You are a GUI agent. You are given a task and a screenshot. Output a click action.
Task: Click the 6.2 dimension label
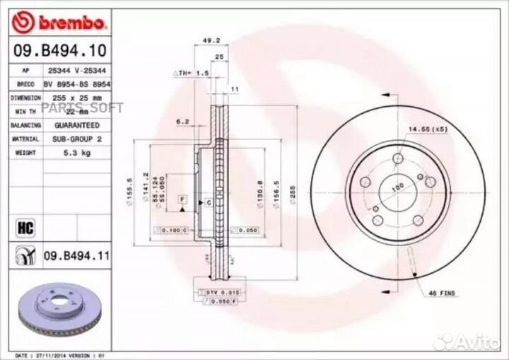click(x=182, y=122)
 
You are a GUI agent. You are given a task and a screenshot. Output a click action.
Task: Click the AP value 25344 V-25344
click(x=77, y=70)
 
